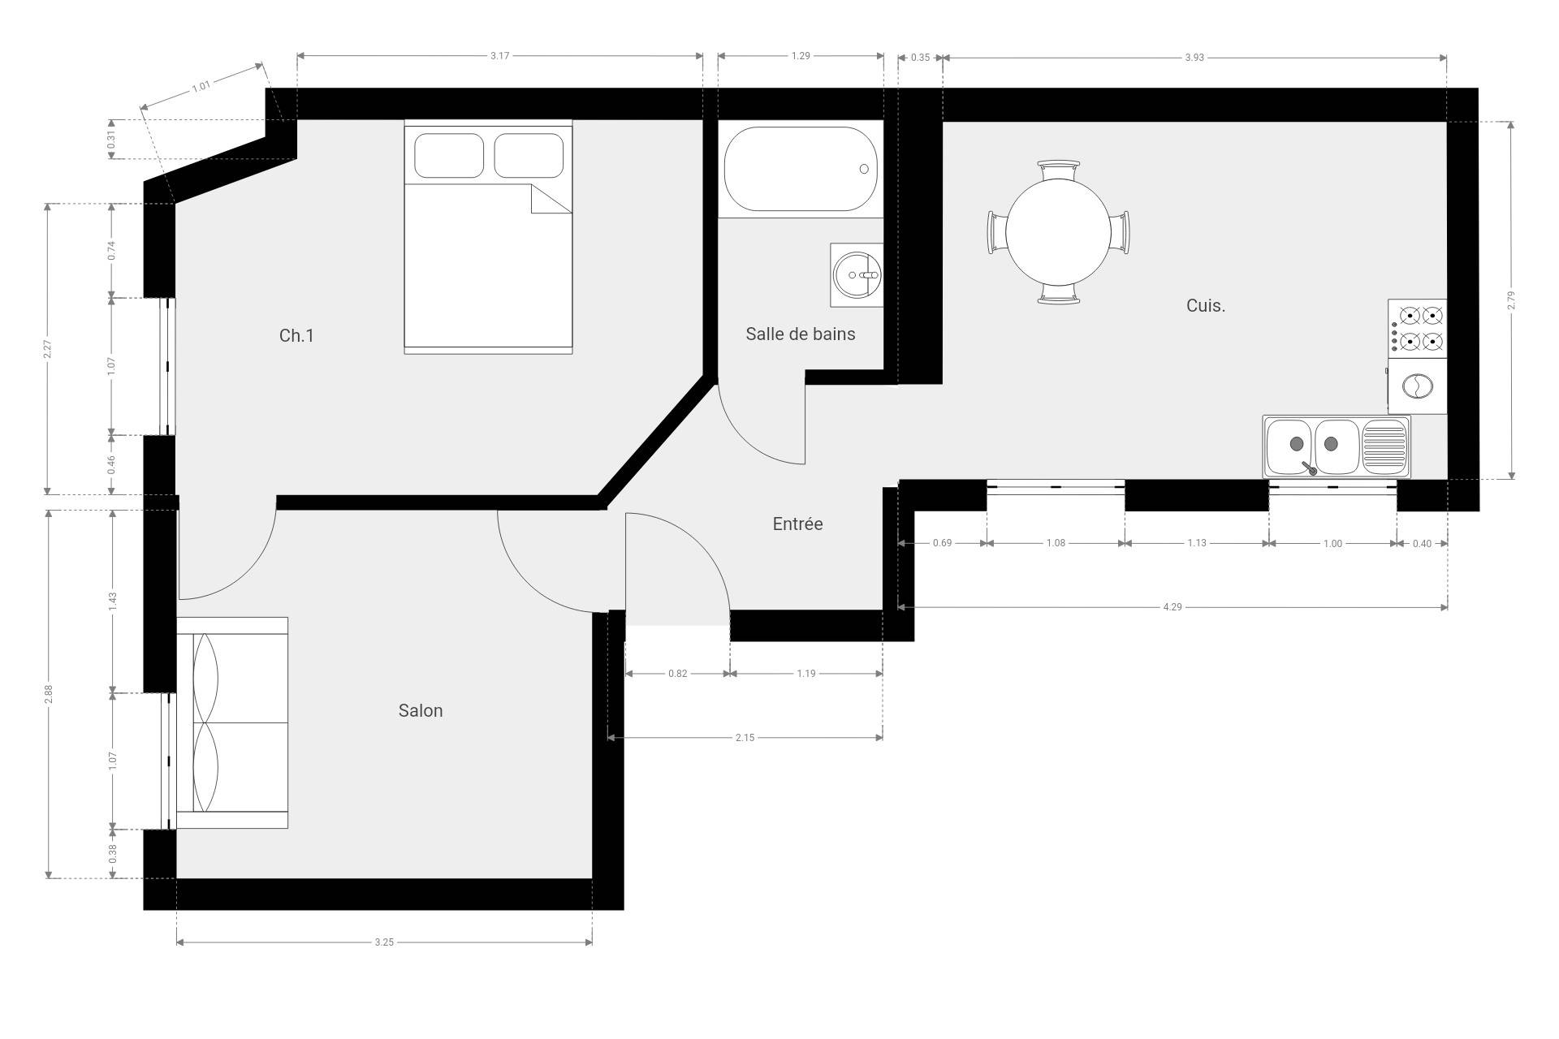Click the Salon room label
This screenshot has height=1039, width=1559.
click(x=421, y=710)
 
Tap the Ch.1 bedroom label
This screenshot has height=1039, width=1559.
click(x=296, y=335)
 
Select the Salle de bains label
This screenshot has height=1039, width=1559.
click(x=801, y=334)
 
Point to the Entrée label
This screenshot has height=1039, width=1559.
click(x=797, y=524)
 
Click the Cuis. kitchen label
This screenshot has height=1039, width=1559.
click(x=1206, y=305)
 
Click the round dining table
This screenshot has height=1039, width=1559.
click(x=1058, y=231)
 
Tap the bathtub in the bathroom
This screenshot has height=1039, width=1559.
click(x=801, y=169)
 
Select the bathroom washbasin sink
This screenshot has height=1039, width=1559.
click(x=857, y=274)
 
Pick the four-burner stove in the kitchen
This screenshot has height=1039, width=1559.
click(x=1417, y=328)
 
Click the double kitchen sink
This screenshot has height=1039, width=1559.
click(x=1337, y=446)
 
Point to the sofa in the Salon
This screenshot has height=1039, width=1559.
click(x=232, y=722)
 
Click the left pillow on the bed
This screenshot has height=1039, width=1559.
click(x=449, y=155)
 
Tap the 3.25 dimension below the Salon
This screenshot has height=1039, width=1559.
click(x=384, y=942)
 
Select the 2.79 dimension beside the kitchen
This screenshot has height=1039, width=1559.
click(x=1510, y=300)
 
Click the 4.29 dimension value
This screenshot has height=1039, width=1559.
click(x=1172, y=606)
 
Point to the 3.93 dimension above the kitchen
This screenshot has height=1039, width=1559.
click(x=1194, y=58)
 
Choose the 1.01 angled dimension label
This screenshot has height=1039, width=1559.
click(x=201, y=85)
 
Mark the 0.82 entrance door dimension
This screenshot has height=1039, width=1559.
click(x=677, y=673)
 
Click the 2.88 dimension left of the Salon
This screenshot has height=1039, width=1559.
click(x=49, y=694)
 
